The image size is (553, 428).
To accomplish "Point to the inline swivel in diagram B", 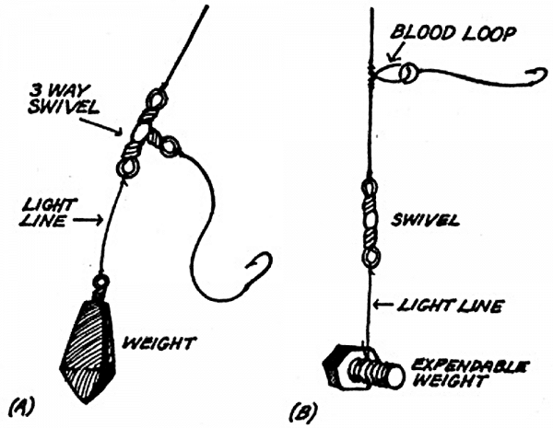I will pos(370,221).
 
